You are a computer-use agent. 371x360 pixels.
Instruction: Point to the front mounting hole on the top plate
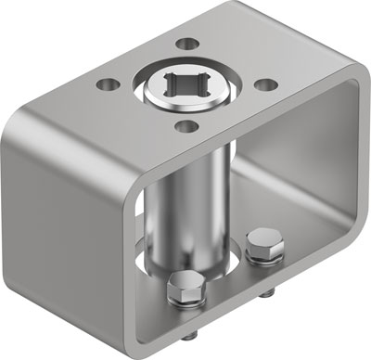pos(188,125)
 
